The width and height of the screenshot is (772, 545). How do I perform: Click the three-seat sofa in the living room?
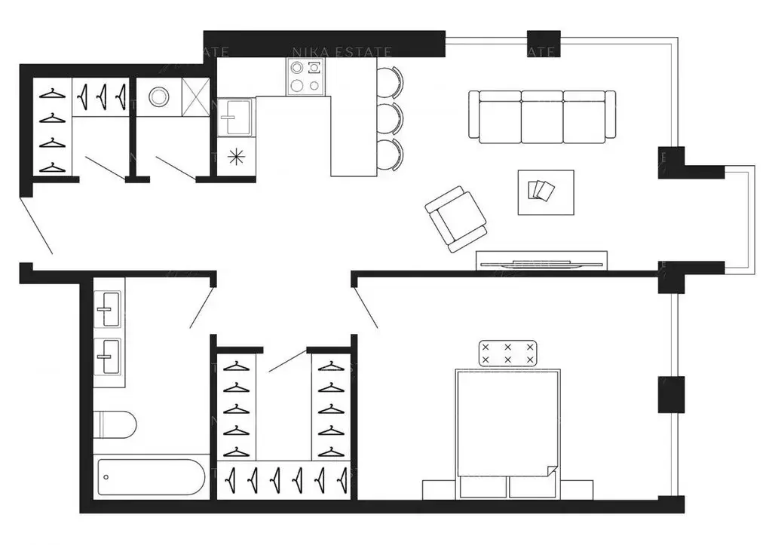(542, 116)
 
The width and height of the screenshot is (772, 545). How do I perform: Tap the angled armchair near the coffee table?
(456, 219)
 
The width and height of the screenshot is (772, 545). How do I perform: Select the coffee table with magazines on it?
(546, 192)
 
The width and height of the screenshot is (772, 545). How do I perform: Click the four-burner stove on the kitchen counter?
(307, 78)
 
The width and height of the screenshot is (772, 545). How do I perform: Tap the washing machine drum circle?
(160, 96)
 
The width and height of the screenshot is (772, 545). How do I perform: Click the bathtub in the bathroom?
(152, 477)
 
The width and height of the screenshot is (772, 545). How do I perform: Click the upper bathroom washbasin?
(109, 310)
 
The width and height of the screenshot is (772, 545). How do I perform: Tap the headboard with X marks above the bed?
(507, 352)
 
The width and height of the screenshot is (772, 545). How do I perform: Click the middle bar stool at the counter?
(388, 117)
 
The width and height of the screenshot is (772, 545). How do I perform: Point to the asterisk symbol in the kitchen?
(236, 157)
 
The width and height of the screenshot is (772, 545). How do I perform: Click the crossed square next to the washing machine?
(195, 96)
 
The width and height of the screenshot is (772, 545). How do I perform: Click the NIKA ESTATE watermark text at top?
(342, 53)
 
